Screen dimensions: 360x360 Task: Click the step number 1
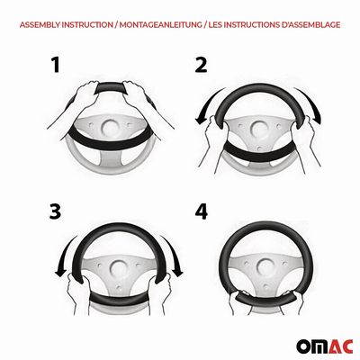click(56, 65)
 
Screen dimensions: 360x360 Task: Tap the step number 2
click(201, 65)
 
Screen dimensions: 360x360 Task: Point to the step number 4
click(201, 211)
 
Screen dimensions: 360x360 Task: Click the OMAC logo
click(325, 347)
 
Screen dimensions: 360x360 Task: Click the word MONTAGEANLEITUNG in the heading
click(160, 24)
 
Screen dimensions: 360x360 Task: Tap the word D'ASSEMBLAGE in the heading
click(310, 24)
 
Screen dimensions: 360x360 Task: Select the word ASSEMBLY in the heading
click(40, 24)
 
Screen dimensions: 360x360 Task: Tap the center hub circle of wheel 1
click(111, 128)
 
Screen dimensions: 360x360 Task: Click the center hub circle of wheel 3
click(119, 267)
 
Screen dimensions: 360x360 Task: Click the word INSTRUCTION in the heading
click(87, 24)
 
